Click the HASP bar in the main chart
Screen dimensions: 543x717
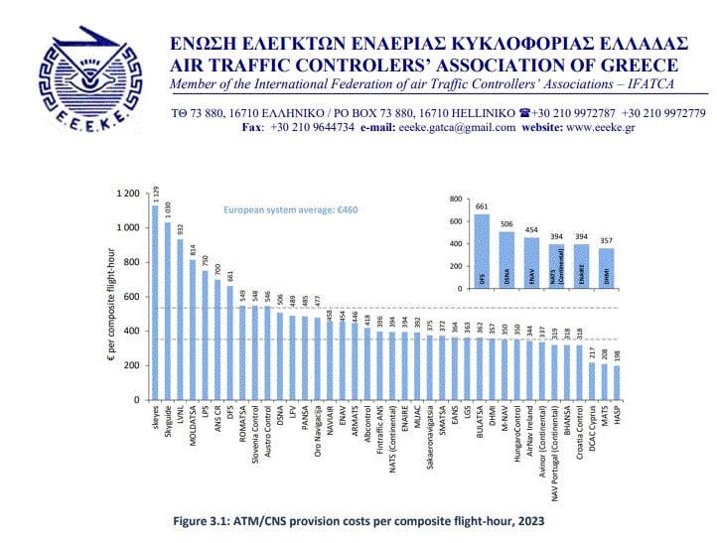tap(616, 383)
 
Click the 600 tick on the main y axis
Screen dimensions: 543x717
tap(131, 296)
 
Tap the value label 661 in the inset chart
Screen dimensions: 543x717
tap(482, 206)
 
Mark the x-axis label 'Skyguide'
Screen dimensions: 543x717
tap(167, 422)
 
